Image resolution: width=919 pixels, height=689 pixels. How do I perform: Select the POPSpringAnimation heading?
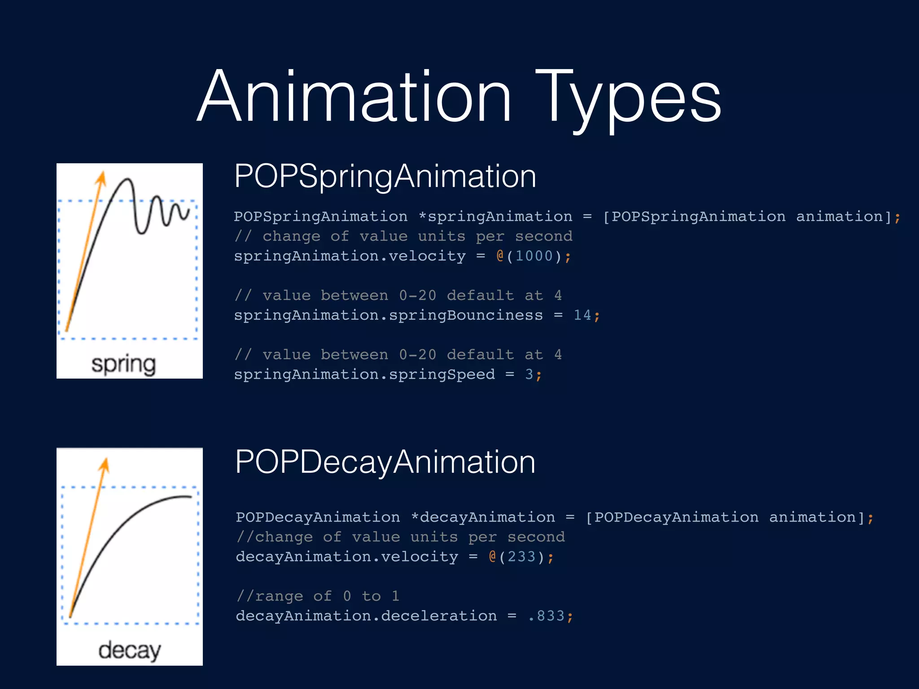(385, 176)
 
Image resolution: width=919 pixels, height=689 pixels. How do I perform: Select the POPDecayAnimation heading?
(385, 462)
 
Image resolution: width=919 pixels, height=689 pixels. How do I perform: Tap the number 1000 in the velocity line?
(534, 256)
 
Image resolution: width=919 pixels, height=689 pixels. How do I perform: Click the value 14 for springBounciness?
(582, 315)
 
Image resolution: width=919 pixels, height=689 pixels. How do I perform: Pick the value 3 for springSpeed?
(529, 375)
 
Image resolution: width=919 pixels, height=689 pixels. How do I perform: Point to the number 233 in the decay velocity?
(521, 557)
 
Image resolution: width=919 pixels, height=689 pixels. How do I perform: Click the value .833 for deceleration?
(546, 616)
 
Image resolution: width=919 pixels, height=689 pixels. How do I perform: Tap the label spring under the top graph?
(124, 364)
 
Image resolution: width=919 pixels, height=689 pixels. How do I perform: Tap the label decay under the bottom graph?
(129, 650)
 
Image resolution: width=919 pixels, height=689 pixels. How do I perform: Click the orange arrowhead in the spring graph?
(101, 178)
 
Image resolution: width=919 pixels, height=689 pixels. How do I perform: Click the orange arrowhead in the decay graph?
(105, 465)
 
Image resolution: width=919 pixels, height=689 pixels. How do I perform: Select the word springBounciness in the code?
(466, 315)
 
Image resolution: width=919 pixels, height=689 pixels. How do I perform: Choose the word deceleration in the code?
(439, 616)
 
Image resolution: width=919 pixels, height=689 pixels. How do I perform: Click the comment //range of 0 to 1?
(318, 596)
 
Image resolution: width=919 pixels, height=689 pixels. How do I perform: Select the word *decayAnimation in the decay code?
(483, 517)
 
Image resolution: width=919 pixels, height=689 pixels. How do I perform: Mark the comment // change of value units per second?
(403, 236)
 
